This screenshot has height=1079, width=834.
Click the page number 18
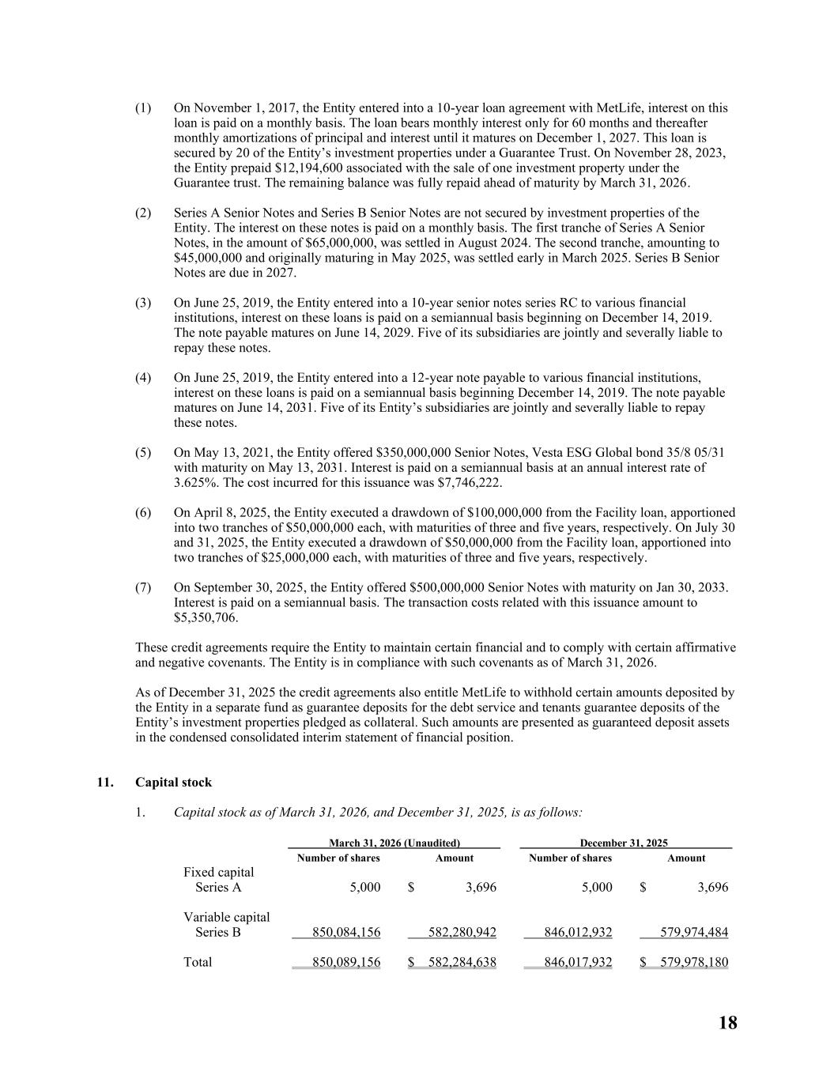(x=727, y=1023)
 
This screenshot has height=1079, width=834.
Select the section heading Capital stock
(x=173, y=783)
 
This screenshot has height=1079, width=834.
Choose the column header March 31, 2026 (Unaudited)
(x=394, y=843)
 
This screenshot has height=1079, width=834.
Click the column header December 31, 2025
(x=624, y=843)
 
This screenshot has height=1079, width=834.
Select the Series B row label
(x=217, y=933)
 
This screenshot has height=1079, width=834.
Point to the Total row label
(x=198, y=963)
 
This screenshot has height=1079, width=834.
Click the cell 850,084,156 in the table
(x=346, y=933)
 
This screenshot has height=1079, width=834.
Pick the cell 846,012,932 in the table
(x=578, y=933)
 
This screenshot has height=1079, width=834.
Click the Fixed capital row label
(x=218, y=873)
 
